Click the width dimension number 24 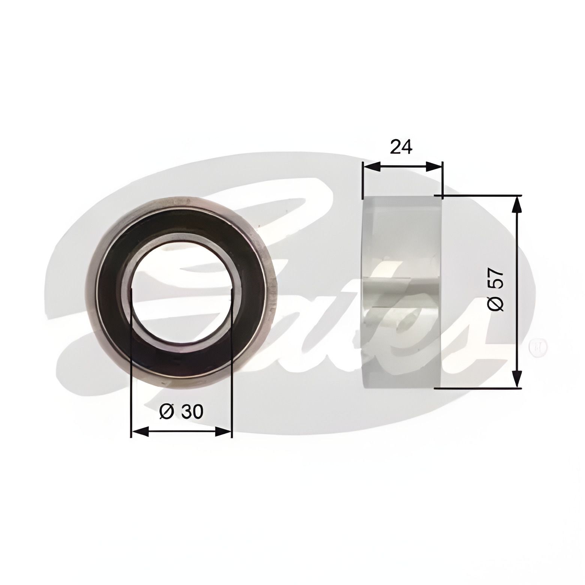coord(401,147)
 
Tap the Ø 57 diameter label coord(496,289)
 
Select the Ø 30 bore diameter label coord(181,412)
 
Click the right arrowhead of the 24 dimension coord(434,167)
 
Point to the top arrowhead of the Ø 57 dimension coord(517,205)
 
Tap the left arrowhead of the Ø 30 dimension coord(141,432)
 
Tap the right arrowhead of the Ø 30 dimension coord(223,432)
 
